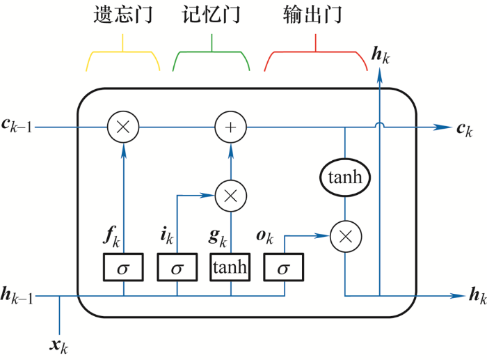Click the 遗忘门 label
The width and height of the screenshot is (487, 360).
click(x=123, y=15)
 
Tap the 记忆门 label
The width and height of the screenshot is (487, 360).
click(x=211, y=15)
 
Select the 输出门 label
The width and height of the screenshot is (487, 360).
click(x=312, y=15)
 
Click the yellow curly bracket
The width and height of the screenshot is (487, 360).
click(x=122, y=52)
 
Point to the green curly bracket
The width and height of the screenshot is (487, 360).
click(x=211, y=52)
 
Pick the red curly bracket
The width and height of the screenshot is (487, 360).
click(x=316, y=52)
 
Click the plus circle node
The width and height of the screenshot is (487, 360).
click(x=230, y=127)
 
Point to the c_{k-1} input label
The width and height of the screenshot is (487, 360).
click(x=17, y=126)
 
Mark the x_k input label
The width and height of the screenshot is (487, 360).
click(x=58, y=346)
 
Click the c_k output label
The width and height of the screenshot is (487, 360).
click(x=465, y=130)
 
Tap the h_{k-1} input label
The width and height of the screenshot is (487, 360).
click(x=17, y=295)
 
